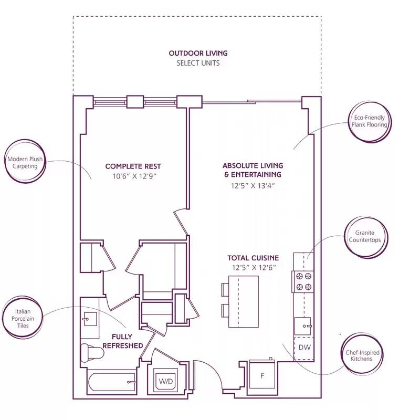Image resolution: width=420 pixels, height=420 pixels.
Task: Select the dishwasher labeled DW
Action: point(303,348)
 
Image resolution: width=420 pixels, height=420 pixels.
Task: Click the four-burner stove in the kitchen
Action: point(303,281)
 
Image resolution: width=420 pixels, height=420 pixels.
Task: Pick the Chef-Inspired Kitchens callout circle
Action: point(362,355)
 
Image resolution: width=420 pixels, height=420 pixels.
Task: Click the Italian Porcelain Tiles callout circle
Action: point(22,318)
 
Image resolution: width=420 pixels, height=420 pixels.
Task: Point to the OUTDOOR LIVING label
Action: point(198,53)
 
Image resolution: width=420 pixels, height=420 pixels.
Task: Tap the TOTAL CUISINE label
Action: point(253,258)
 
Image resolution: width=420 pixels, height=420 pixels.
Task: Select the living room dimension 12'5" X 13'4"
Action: point(252,185)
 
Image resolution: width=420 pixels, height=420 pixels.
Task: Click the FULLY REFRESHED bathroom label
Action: point(122,341)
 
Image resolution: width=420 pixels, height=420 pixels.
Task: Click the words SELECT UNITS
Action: point(198,63)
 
